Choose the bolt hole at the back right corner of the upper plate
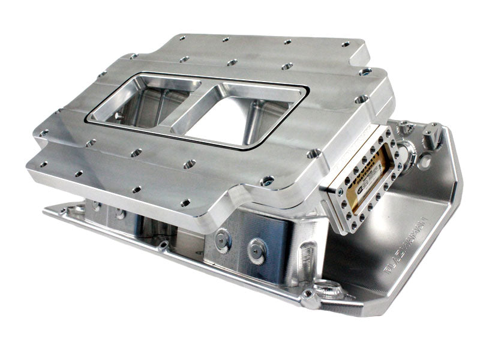[x=346, y=44]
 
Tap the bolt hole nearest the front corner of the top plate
[x=267, y=180]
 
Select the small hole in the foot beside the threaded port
[x=308, y=295]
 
